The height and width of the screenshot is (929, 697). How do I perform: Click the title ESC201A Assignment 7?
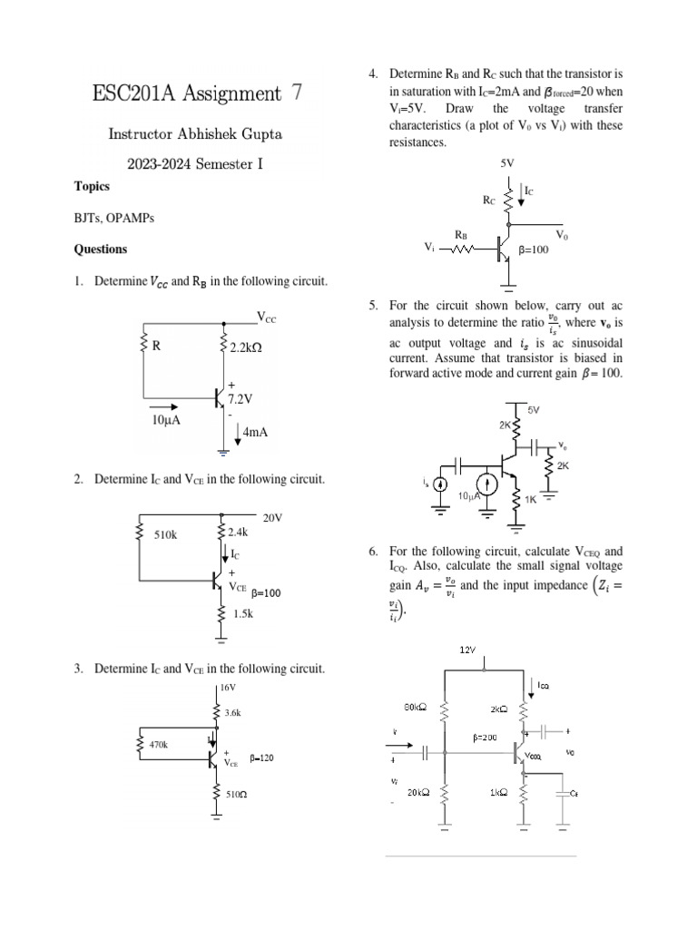(x=197, y=93)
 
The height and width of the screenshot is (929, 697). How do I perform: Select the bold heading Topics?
(x=92, y=186)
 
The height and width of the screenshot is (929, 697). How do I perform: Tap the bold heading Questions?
(x=101, y=249)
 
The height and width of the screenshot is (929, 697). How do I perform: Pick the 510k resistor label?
(x=165, y=535)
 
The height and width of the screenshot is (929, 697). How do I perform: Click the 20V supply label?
(x=273, y=518)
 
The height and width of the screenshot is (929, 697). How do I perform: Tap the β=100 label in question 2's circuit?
(x=266, y=593)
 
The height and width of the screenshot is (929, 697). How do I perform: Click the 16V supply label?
(x=227, y=688)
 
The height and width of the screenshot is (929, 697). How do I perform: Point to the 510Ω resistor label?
(x=238, y=794)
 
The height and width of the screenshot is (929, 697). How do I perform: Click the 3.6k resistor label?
(x=232, y=713)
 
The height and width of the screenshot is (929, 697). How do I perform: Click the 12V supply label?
(x=467, y=650)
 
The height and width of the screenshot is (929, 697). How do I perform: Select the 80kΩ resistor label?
(x=416, y=708)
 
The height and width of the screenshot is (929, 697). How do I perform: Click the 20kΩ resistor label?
(x=418, y=791)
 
